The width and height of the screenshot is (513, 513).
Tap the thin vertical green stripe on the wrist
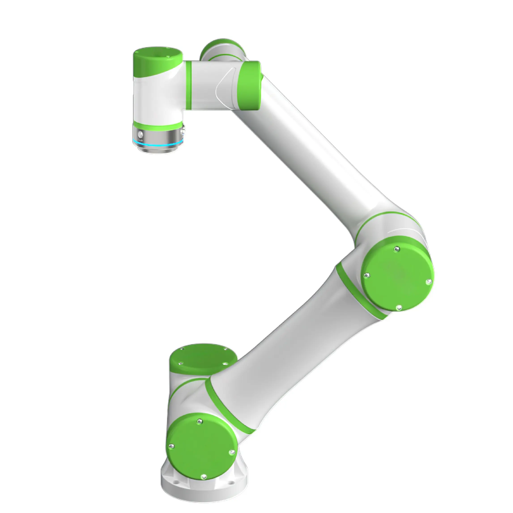tap(189, 85)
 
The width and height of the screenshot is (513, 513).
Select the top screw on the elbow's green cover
tap(397, 249)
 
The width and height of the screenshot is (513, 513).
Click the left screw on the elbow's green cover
tap(367, 276)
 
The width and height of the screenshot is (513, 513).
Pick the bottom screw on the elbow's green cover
tap(398, 308)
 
